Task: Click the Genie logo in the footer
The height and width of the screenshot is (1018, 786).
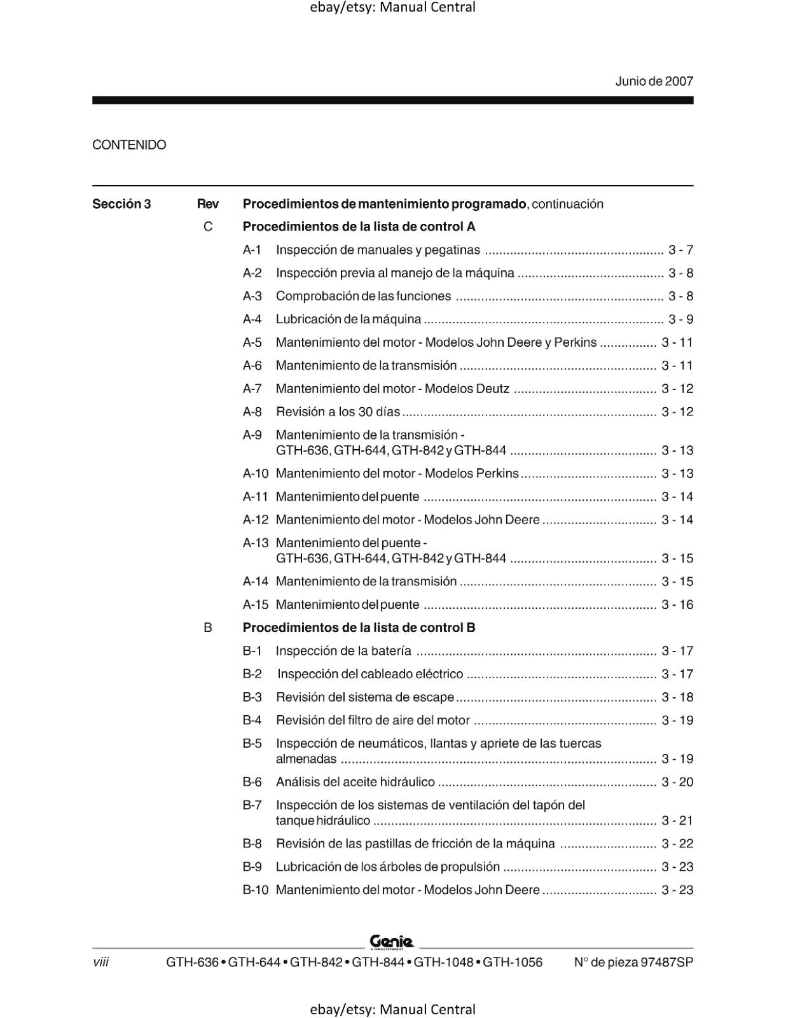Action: pyautogui.click(x=392, y=942)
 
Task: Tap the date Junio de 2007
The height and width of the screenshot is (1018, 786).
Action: pyautogui.click(x=654, y=81)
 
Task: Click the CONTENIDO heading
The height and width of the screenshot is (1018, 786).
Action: pyautogui.click(x=129, y=145)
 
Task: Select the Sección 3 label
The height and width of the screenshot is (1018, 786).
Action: pyautogui.click(x=121, y=204)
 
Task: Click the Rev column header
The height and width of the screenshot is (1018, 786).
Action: pyautogui.click(x=208, y=204)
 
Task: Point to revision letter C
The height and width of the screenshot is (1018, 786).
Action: pyautogui.click(x=208, y=227)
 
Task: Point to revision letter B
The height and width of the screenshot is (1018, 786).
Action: pyautogui.click(x=208, y=628)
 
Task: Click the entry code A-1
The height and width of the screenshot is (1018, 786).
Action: pyautogui.click(x=252, y=250)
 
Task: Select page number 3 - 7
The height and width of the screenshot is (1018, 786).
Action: pyautogui.click(x=680, y=250)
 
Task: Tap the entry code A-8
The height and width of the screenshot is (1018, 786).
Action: pyautogui.click(x=252, y=412)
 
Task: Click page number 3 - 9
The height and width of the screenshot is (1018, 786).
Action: pyautogui.click(x=680, y=319)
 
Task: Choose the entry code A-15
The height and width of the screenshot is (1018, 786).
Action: pyautogui.click(x=256, y=604)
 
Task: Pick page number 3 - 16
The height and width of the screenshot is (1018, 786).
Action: pyautogui.click(x=677, y=604)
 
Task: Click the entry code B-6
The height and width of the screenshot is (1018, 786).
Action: pyautogui.click(x=252, y=782)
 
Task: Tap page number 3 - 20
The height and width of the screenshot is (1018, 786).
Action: pyautogui.click(x=677, y=782)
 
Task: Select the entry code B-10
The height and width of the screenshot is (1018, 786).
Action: pyautogui.click(x=256, y=890)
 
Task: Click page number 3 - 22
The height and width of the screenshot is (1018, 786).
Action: pyautogui.click(x=677, y=844)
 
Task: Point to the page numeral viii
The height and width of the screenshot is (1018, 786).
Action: pyautogui.click(x=100, y=962)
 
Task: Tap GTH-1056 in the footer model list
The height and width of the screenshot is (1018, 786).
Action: pyautogui.click(x=513, y=962)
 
